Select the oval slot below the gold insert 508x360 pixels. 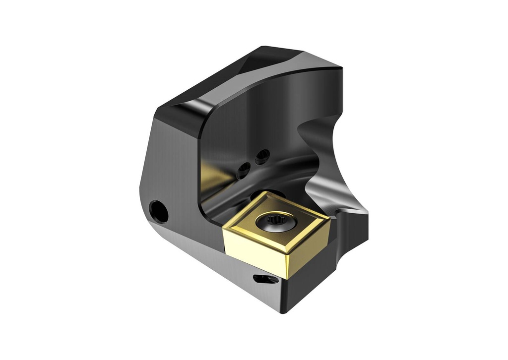(x=265, y=280)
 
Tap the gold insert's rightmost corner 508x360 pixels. (x=329, y=216)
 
